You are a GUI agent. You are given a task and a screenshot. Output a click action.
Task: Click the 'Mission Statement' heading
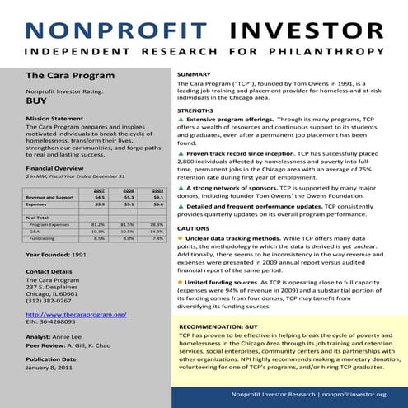(x=55, y=119)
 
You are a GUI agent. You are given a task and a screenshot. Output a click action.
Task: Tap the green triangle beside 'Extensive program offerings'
(x=181, y=119)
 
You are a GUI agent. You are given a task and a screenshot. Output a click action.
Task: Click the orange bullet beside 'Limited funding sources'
(x=181, y=282)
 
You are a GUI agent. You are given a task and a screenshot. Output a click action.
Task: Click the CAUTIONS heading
(x=194, y=228)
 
